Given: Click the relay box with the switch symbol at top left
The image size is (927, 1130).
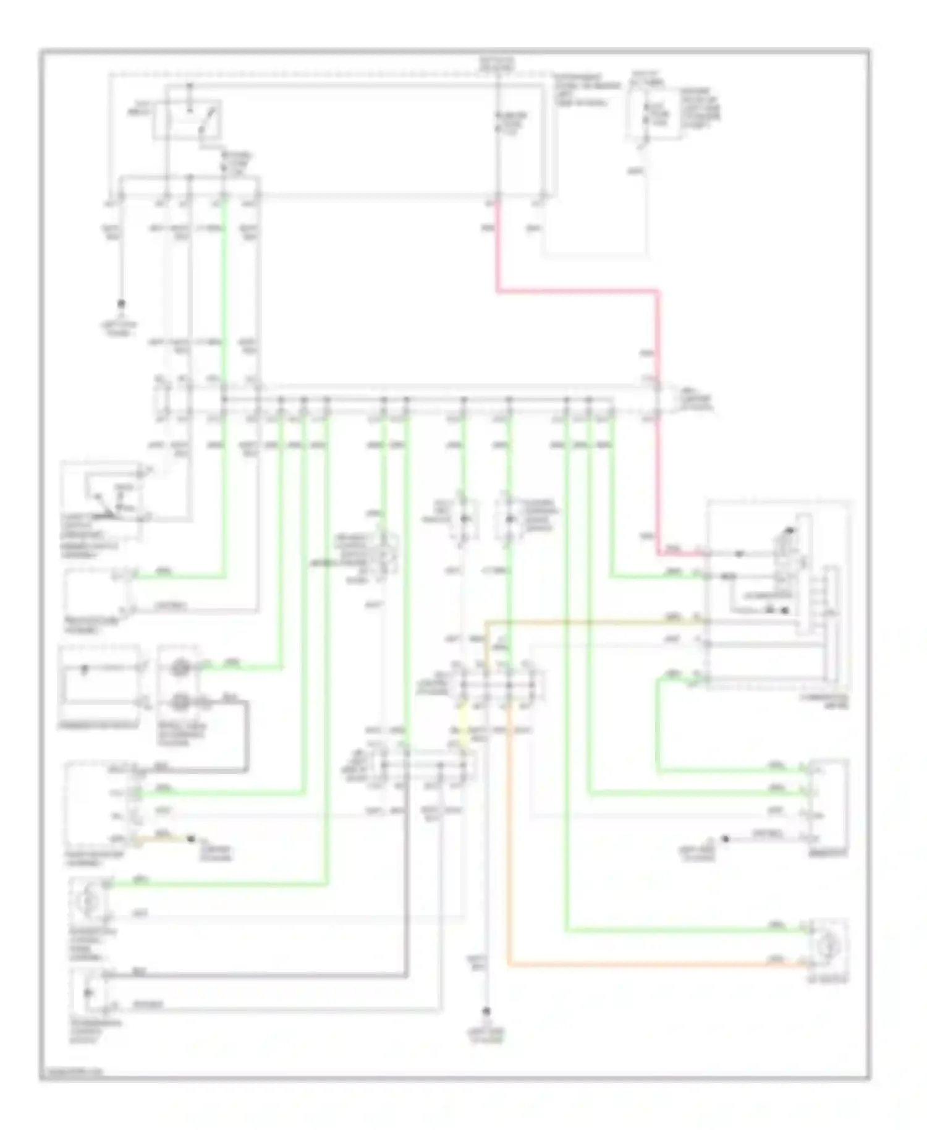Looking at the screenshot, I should (x=188, y=119).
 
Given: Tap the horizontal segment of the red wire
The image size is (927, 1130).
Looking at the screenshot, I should (x=575, y=290).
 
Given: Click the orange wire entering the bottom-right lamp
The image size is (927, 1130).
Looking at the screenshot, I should (x=649, y=964).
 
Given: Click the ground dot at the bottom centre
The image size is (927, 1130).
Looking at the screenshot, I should (x=488, y=1011).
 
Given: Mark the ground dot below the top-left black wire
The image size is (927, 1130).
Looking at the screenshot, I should (x=122, y=304).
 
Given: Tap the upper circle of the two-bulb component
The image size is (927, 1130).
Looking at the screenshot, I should (x=180, y=668).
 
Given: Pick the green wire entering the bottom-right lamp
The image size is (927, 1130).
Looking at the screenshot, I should (x=680, y=929).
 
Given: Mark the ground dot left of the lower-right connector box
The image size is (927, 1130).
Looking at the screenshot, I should (x=726, y=839).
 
